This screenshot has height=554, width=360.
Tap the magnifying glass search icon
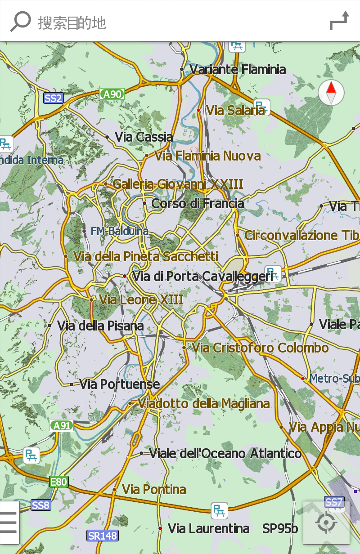point(20,21)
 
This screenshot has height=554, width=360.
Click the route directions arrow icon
point(339,21)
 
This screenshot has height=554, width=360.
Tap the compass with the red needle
point(331,93)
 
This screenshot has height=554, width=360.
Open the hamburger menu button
point(9,522)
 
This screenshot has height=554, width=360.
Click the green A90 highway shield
point(112,94)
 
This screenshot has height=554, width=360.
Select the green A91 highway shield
point(62,425)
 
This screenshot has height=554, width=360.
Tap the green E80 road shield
point(58,482)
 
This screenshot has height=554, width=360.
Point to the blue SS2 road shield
point(53,98)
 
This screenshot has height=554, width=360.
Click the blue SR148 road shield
point(103,536)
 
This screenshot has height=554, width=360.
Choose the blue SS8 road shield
point(40,505)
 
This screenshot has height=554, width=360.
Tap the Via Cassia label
point(144,137)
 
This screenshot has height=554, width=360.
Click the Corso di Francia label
point(198,204)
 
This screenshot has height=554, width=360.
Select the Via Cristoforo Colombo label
point(260,348)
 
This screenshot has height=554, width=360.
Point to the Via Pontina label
point(154,489)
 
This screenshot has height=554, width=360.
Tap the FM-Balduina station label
point(119,231)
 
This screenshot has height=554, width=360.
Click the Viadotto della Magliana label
point(203,403)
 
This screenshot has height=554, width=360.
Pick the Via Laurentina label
point(208,528)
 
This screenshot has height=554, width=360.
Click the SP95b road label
point(280,528)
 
